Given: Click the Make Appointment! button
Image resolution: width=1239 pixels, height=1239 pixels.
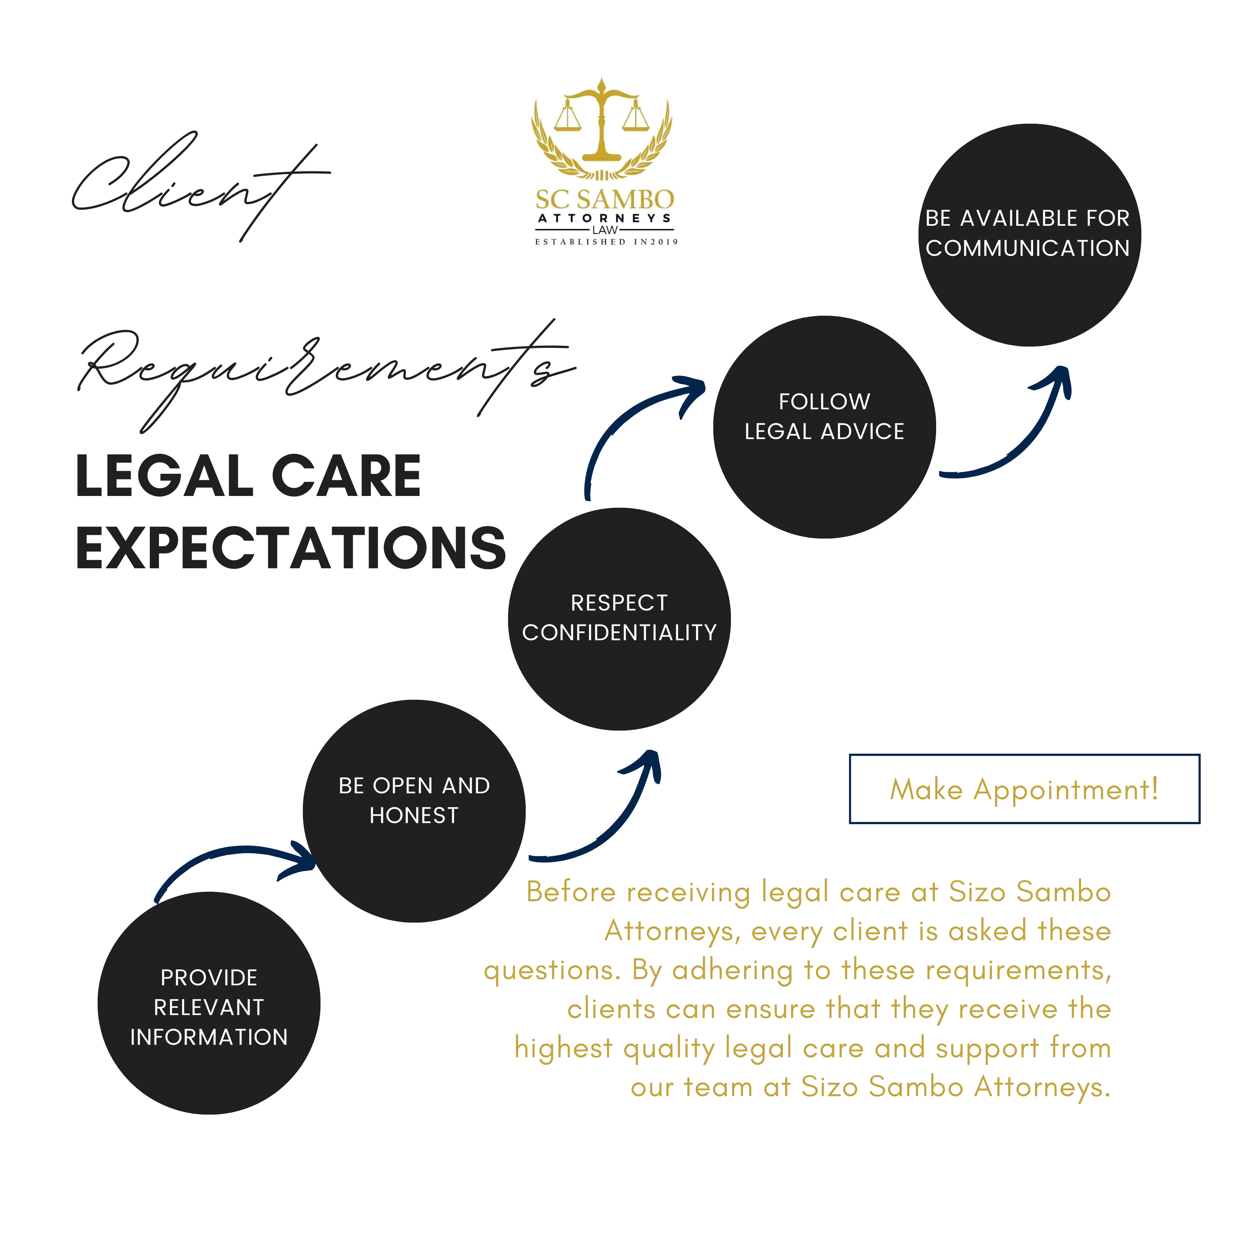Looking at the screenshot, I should (x=1024, y=789).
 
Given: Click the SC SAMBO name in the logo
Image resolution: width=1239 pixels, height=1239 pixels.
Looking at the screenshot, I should (x=605, y=199).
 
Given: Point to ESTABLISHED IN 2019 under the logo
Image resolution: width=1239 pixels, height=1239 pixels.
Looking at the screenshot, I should (x=606, y=242).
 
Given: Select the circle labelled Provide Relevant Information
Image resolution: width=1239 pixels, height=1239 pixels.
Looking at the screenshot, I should (x=209, y=1002).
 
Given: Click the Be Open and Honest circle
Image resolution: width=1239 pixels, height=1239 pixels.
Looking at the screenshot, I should (x=414, y=811).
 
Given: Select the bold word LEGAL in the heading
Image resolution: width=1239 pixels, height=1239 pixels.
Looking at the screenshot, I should (x=164, y=477).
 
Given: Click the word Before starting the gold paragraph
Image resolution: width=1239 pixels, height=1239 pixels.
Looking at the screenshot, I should (x=571, y=892).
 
